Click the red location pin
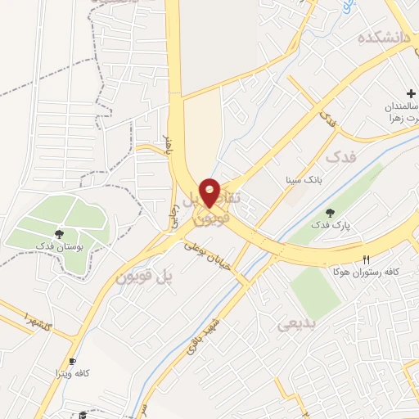(210, 191)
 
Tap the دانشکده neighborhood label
(382, 38)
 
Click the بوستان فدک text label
(56, 245)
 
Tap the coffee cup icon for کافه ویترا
(72, 361)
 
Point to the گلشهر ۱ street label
(38, 320)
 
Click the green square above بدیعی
(314, 291)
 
